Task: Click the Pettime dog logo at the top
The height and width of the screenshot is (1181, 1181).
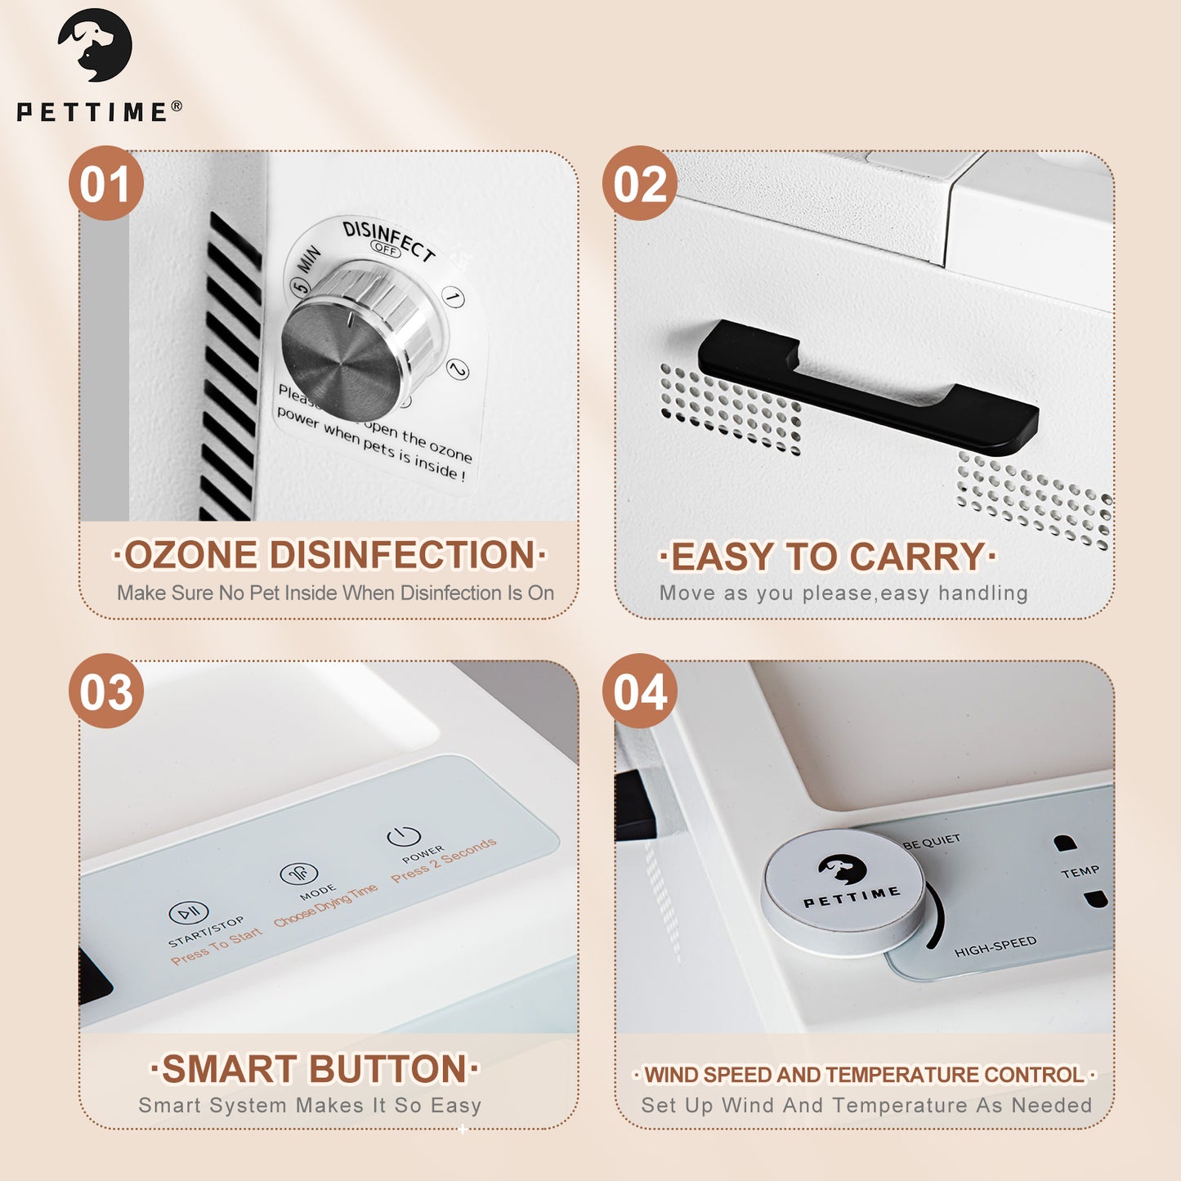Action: click(95, 45)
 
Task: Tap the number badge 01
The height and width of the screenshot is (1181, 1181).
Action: click(106, 183)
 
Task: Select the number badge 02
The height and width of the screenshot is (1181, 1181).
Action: click(640, 183)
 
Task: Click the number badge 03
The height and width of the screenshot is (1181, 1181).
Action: click(106, 691)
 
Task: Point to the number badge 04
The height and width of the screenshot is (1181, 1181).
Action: click(640, 691)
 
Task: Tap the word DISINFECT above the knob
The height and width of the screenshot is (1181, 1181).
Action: click(387, 238)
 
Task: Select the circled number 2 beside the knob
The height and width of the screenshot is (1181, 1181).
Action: click(458, 369)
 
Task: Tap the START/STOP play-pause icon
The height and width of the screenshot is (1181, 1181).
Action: click(189, 912)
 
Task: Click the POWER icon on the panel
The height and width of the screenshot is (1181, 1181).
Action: click(404, 836)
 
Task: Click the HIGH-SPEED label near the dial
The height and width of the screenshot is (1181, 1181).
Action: click(995, 946)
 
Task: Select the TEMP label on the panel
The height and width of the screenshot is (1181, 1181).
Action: click(1080, 872)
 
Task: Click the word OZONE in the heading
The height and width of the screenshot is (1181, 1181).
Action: click(191, 555)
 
